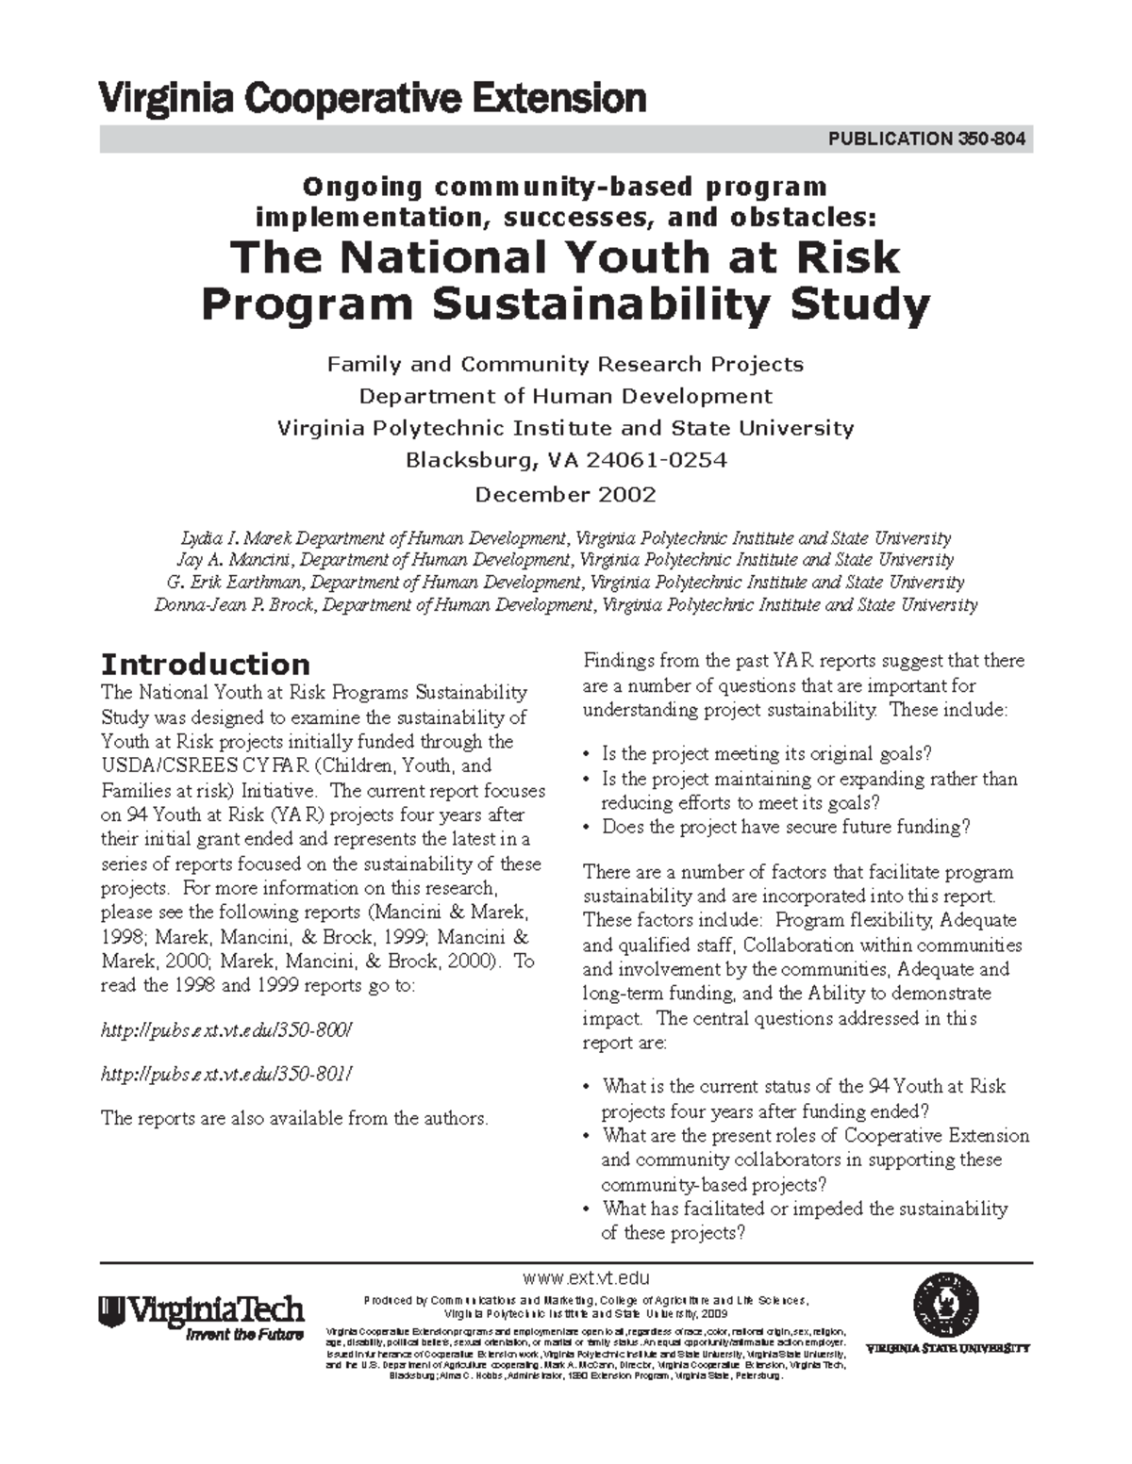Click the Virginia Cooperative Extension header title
coord(373,98)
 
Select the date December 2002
coord(565,495)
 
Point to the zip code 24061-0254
coord(657,461)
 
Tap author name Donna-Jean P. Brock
coord(236,605)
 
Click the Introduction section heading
coord(205,664)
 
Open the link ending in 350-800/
coord(226,1029)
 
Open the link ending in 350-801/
coord(226,1074)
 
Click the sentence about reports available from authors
coord(294,1119)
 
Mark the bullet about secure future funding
coord(786,828)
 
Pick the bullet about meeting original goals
coord(766,754)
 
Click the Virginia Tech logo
coord(201,1310)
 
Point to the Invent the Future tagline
coord(244,1335)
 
